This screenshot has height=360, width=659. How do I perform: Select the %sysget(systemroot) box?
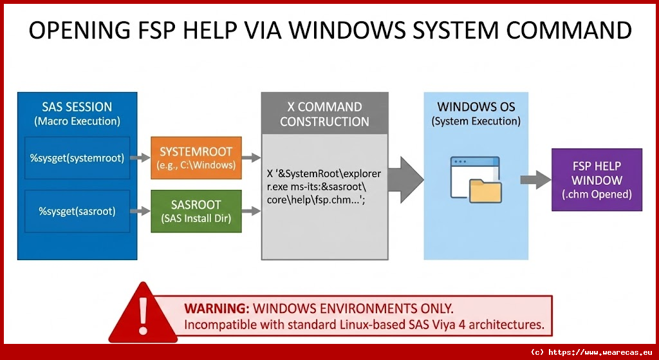77,158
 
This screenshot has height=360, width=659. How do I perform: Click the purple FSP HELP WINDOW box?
597,180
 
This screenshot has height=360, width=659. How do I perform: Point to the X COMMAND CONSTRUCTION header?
324,113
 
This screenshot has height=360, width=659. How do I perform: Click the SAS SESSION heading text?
77,107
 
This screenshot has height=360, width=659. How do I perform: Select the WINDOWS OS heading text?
476,106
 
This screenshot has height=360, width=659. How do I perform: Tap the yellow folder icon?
485,191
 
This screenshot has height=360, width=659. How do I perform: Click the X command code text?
324,187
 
